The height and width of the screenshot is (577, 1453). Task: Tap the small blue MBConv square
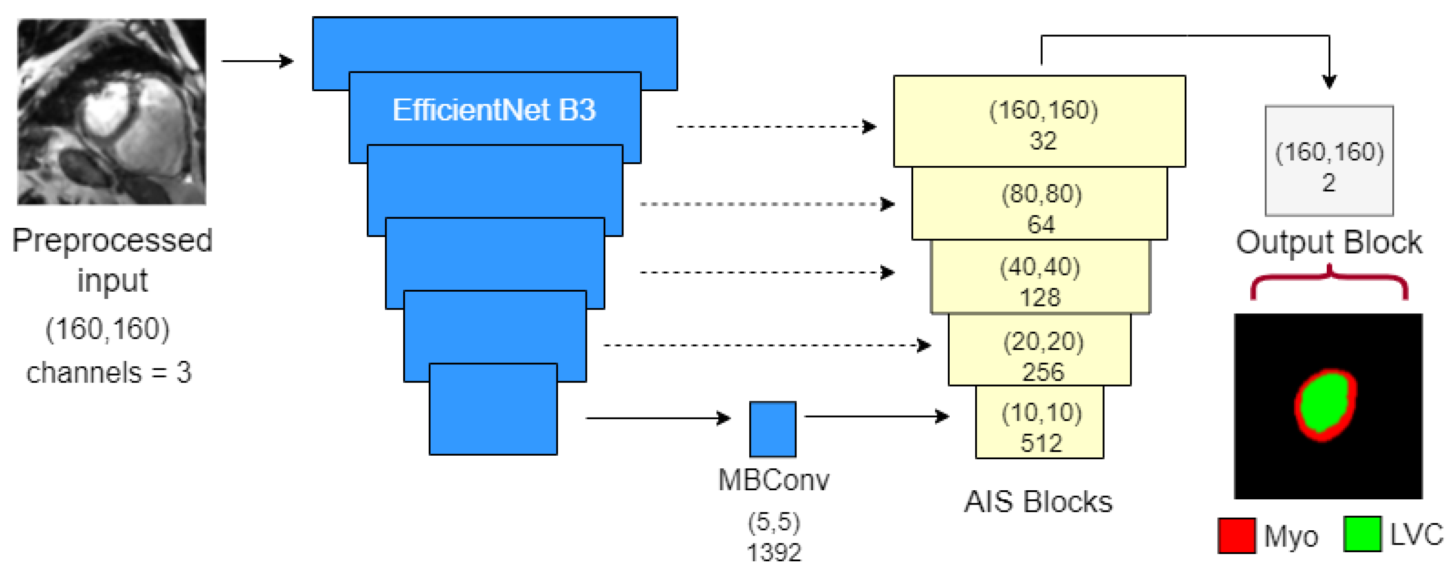(773, 429)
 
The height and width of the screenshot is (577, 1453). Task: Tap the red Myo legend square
(1236, 535)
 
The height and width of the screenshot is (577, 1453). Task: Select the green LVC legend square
(1362, 533)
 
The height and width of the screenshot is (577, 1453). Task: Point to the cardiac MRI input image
(111, 112)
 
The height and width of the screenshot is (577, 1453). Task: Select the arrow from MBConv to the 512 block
(876, 417)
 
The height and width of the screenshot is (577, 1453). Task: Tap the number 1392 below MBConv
(774, 553)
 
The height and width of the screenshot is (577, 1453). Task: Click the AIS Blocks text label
(1038, 502)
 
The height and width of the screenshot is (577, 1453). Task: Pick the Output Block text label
(1329, 243)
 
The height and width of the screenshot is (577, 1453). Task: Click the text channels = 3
(109, 373)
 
